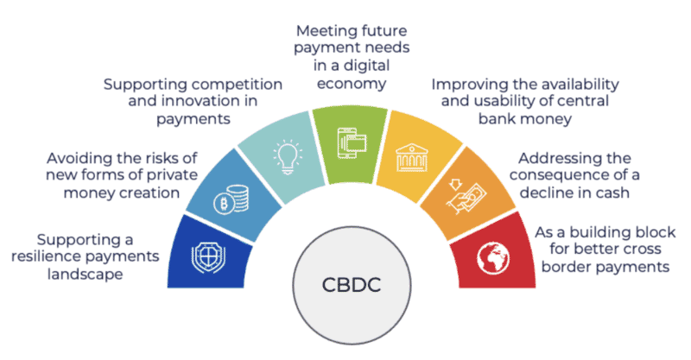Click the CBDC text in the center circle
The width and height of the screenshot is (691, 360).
pos(352,285)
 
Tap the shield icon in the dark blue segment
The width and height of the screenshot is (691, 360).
pos(208,257)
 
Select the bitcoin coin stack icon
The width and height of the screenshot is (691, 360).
pos(231,199)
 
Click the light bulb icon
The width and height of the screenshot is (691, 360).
pos(288,157)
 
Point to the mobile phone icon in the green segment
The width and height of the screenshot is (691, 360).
pos(352,142)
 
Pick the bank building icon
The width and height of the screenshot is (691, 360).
pos(412,157)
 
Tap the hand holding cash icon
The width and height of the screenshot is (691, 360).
pos(466,196)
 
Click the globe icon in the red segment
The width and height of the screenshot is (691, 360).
pos(493,258)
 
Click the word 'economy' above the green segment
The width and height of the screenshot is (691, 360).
pos(352,83)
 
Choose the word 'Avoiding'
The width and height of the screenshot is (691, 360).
pos(77,158)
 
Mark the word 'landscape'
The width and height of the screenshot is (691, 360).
pos(85,275)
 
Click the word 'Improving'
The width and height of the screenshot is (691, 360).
pos(464,85)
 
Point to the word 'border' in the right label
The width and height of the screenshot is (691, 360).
pos(564,267)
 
